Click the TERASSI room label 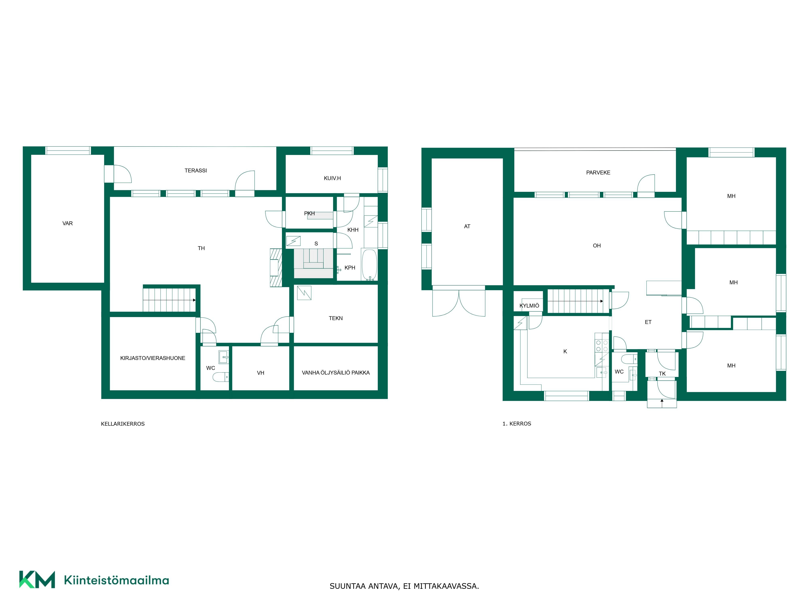pos(196,171)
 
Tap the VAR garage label pos(68,223)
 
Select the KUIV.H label pos(332,178)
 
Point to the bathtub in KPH pos(369,265)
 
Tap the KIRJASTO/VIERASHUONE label pos(152,358)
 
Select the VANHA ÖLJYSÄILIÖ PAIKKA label pos(336,372)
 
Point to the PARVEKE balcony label pos(598,173)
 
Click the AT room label pos(467,226)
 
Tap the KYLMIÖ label pos(529,306)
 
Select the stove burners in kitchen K pos(602,346)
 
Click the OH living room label pos(596,245)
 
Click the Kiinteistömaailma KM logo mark pos(37,579)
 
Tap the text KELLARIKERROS pos(123,424)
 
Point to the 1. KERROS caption pos(517,424)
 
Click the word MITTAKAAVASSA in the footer pos(446,586)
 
